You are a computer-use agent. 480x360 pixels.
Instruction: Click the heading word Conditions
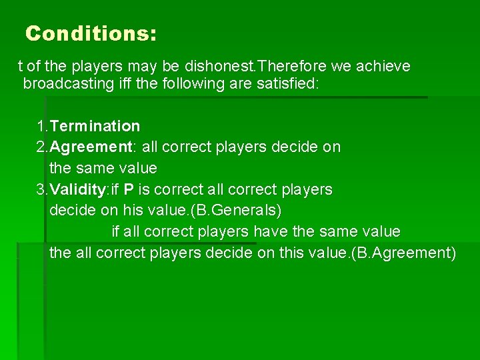click(91, 33)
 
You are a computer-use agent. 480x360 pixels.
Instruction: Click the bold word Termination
click(95, 126)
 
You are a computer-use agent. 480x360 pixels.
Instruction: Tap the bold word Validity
click(78, 189)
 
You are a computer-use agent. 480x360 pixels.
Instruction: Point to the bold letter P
click(129, 189)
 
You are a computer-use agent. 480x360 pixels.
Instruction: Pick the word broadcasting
click(65, 84)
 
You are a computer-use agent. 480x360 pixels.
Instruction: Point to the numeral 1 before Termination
click(41, 126)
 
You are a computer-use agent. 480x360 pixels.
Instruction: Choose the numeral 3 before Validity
click(41, 189)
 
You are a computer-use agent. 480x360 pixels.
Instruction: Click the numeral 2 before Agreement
click(41, 147)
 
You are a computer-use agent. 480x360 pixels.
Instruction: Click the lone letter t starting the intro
click(20, 67)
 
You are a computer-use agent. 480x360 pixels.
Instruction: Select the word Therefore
click(287, 67)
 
